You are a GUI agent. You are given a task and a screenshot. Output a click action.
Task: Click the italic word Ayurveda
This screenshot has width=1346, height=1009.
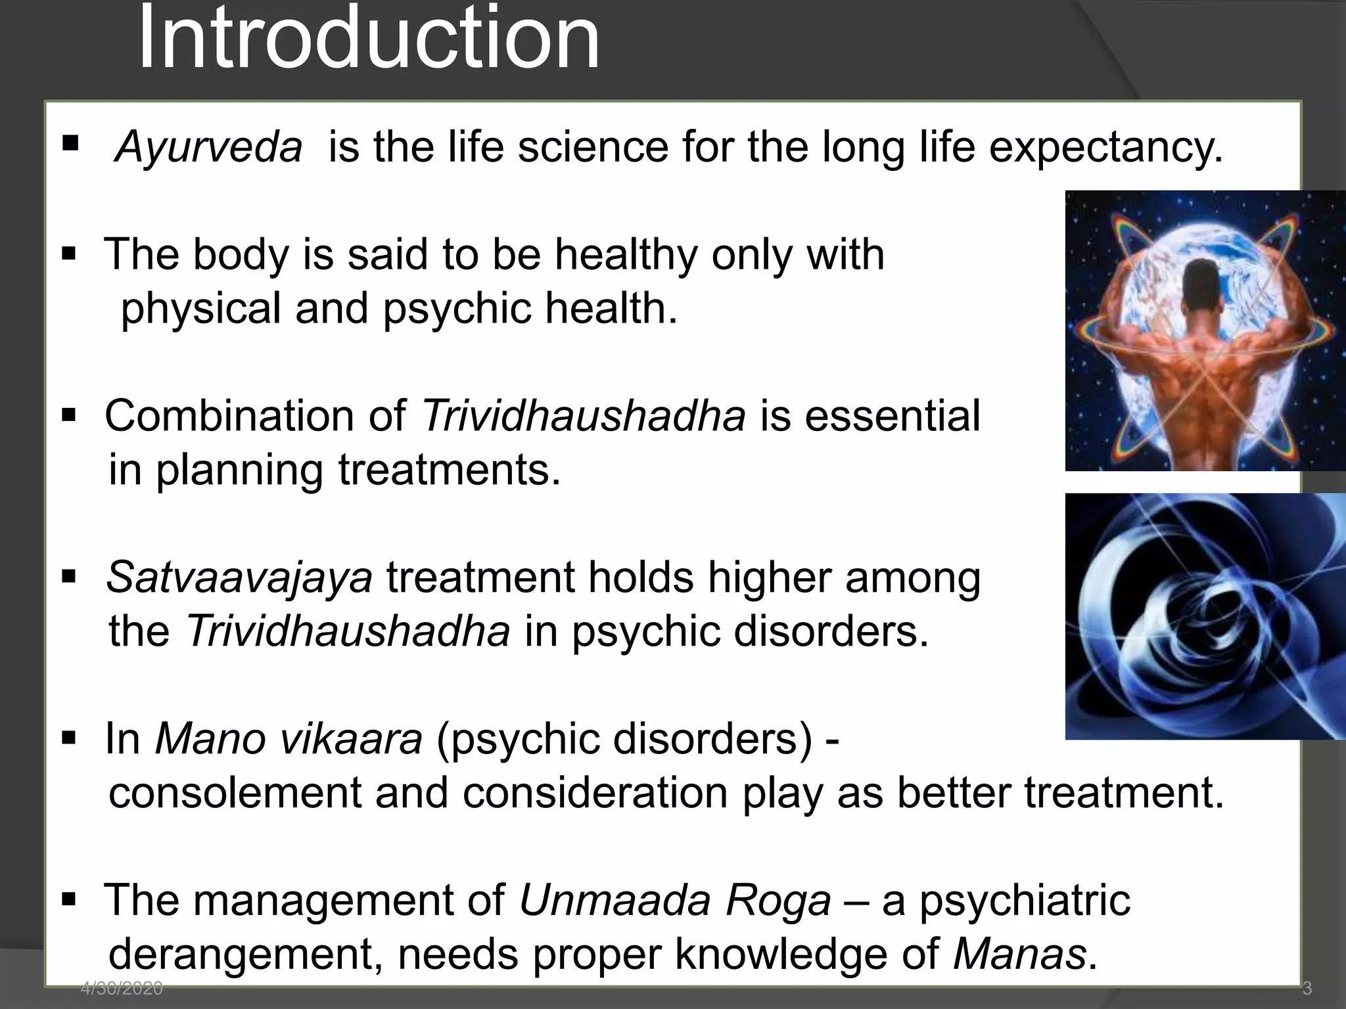(x=208, y=146)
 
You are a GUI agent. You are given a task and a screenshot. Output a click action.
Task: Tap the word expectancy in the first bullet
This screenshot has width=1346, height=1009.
(x=1105, y=148)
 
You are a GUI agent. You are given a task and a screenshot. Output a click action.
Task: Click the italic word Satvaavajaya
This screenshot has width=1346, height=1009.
(x=239, y=578)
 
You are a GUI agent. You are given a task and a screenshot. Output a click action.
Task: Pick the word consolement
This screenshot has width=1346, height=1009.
(x=235, y=793)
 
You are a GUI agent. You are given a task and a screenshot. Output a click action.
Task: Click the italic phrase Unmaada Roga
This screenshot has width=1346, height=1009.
(x=675, y=900)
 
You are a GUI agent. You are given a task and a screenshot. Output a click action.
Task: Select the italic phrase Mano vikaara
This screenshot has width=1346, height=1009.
(x=289, y=739)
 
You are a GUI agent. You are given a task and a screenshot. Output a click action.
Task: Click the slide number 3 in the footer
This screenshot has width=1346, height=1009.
(x=1307, y=987)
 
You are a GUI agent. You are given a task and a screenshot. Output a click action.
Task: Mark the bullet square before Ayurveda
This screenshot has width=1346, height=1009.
(x=70, y=143)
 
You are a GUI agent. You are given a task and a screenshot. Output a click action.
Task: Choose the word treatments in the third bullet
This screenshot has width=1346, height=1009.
(x=449, y=471)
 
